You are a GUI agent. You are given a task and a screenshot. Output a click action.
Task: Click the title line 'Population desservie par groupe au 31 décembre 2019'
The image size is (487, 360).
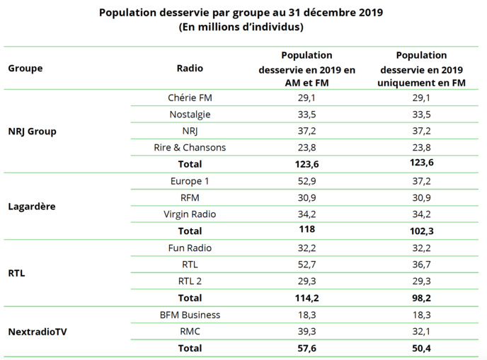(x=241, y=13)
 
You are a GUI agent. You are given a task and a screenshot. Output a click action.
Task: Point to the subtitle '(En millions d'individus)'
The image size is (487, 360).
(x=241, y=27)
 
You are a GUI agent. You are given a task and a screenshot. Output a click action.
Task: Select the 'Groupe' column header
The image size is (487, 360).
(x=25, y=69)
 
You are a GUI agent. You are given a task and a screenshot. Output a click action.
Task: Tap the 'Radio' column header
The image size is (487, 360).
(x=190, y=69)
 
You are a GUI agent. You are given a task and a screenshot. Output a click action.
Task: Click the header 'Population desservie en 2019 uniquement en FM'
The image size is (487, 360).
(x=422, y=69)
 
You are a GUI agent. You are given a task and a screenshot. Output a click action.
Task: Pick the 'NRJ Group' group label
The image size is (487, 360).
(x=32, y=131)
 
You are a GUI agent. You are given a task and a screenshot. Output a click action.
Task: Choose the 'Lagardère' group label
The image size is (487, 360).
(x=32, y=207)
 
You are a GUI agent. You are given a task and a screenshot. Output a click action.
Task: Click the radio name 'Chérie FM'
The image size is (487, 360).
(x=190, y=98)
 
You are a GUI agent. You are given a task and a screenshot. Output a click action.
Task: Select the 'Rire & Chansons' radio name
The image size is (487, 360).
(x=190, y=147)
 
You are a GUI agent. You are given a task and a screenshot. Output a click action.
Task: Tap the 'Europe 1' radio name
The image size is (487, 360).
(x=190, y=181)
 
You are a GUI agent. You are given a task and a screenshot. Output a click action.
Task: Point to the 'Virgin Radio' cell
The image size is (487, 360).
(x=190, y=214)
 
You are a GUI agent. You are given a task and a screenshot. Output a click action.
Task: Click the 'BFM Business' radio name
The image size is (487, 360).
(x=190, y=315)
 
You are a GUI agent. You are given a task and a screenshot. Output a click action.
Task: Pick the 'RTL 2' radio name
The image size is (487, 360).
(x=190, y=281)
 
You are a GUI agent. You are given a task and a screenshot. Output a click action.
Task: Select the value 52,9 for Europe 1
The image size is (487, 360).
(x=306, y=181)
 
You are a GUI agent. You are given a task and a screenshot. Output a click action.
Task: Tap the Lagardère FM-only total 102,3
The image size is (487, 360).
(x=422, y=231)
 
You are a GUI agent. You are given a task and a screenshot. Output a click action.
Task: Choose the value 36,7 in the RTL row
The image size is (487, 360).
(x=422, y=265)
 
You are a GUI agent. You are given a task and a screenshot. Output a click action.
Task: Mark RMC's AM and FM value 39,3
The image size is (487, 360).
(x=306, y=331)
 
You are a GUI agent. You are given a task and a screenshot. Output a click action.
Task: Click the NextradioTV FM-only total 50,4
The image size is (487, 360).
(x=422, y=348)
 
